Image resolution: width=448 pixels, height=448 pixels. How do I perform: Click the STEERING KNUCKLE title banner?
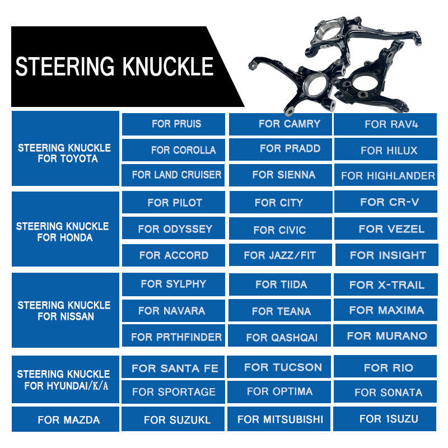pyautogui.click(x=115, y=66)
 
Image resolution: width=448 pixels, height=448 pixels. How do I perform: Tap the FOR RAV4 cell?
pyautogui.click(x=385, y=124)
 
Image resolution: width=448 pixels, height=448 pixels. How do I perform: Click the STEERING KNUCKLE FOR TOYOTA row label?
pyautogui.click(x=65, y=153)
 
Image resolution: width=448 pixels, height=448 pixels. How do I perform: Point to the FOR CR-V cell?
pyautogui.click(x=385, y=202)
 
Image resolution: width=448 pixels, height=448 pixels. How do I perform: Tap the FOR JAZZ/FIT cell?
pyautogui.click(x=280, y=255)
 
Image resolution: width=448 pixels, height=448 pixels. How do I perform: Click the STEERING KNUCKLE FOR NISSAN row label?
pyautogui.click(x=65, y=311)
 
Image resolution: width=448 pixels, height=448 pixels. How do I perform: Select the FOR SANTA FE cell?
pyautogui.click(x=174, y=368)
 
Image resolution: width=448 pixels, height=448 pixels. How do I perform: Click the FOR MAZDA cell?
pyautogui.click(x=65, y=419)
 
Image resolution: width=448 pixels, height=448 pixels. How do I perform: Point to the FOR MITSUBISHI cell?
pyautogui.click(x=280, y=419)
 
